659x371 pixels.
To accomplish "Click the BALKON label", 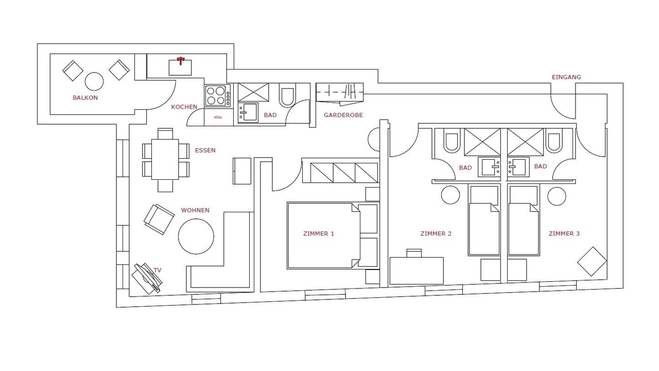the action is [85, 98].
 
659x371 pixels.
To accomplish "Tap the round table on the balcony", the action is [94, 81].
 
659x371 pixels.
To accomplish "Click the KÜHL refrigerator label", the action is [218, 117].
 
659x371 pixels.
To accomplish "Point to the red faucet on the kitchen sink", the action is [180, 61].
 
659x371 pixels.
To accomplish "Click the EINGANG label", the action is [566, 77].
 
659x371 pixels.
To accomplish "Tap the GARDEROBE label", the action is [343, 115].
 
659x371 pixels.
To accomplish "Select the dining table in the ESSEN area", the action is [165, 159].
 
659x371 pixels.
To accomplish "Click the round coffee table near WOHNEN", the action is [196, 236].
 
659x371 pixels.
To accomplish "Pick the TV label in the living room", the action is [158, 270].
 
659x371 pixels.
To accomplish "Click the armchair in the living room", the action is [159, 220].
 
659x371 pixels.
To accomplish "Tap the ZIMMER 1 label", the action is [319, 233].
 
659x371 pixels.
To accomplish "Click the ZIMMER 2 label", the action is [436, 233].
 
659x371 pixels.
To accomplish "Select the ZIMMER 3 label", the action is [564, 233].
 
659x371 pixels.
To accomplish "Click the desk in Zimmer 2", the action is [417, 271].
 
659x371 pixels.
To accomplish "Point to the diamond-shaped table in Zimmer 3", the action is [592, 261].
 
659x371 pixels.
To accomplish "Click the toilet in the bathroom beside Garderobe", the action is [287, 95].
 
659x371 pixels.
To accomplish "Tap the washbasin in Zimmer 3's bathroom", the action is [518, 167].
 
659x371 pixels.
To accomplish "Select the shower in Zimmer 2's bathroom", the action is [482, 142].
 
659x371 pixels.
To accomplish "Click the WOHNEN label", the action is [195, 210].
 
